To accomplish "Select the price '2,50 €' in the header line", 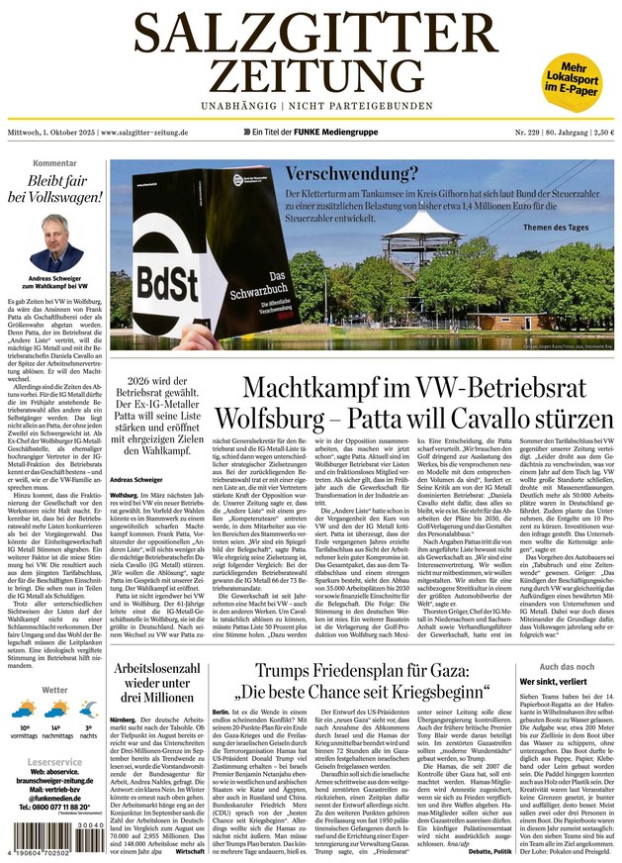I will pyautogui.click(x=599, y=133).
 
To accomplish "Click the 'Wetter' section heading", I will pyautogui.click(x=54, y=690).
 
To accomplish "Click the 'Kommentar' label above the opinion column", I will pyautogui.click(x=54, y=162).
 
